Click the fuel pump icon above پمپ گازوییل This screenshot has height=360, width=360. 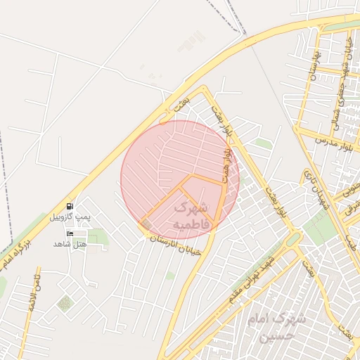click(69, 207)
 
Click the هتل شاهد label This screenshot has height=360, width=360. click(69, 243)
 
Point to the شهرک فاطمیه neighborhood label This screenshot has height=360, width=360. click(191, 215)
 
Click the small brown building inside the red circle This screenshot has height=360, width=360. click(146, 224)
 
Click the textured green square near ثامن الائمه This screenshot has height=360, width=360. click(65, 304)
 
